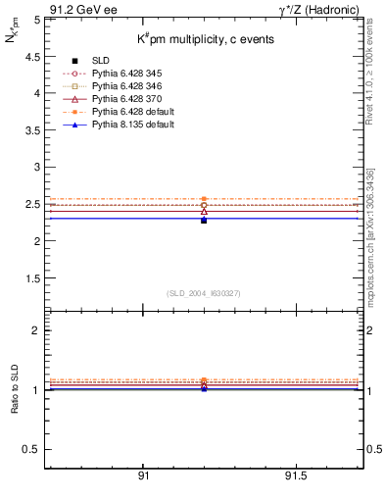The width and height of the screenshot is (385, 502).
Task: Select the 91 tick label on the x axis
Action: pyautogui.click(x=143, y=475)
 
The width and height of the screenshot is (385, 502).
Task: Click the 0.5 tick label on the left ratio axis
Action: pyautogui.click(x=30, y=449)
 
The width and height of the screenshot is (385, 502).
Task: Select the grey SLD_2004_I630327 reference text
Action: pyautogui.click(x=204, y=293)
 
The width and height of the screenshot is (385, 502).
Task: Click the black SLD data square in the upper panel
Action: pyautogui.click(x=204, y=221)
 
